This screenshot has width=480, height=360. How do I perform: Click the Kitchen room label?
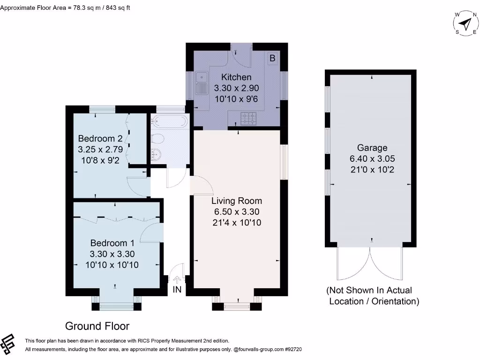(236, 77)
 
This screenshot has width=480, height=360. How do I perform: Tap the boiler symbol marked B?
(272, 59)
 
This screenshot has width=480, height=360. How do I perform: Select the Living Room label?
(236, 201)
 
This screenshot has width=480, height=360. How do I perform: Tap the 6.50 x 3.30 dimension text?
(236, 212)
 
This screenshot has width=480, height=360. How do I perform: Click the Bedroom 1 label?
(112, 243)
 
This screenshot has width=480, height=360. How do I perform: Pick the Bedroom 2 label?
(100, 138)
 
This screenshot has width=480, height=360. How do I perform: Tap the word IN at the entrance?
(177, 290)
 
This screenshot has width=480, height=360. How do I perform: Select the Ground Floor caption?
(97, 326)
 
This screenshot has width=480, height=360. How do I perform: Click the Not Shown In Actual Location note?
(373, 296)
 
